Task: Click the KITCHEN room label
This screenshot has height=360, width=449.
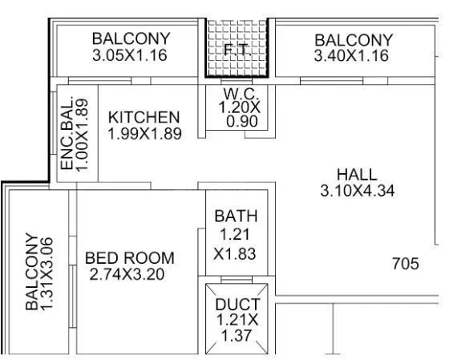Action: tap(144, 118)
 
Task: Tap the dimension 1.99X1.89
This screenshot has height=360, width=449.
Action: tap(144, 134)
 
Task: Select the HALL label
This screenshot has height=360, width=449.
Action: tap(357, 175)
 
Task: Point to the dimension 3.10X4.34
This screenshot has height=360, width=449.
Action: tap(357, 191)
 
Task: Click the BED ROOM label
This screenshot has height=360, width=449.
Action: tap(129, 258)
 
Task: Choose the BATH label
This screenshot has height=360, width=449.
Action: tap(236, 216)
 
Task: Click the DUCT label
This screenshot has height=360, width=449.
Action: tap(237, 305)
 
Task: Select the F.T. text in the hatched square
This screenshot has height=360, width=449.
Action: tap(236, 50)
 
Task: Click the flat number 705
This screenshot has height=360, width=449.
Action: tap(405, 263)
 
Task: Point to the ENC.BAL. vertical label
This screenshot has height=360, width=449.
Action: tap(68, 134)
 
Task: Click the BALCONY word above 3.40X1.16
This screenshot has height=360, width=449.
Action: tap(354, 40)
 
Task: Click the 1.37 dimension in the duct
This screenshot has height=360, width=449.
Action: tap(237, 337)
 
